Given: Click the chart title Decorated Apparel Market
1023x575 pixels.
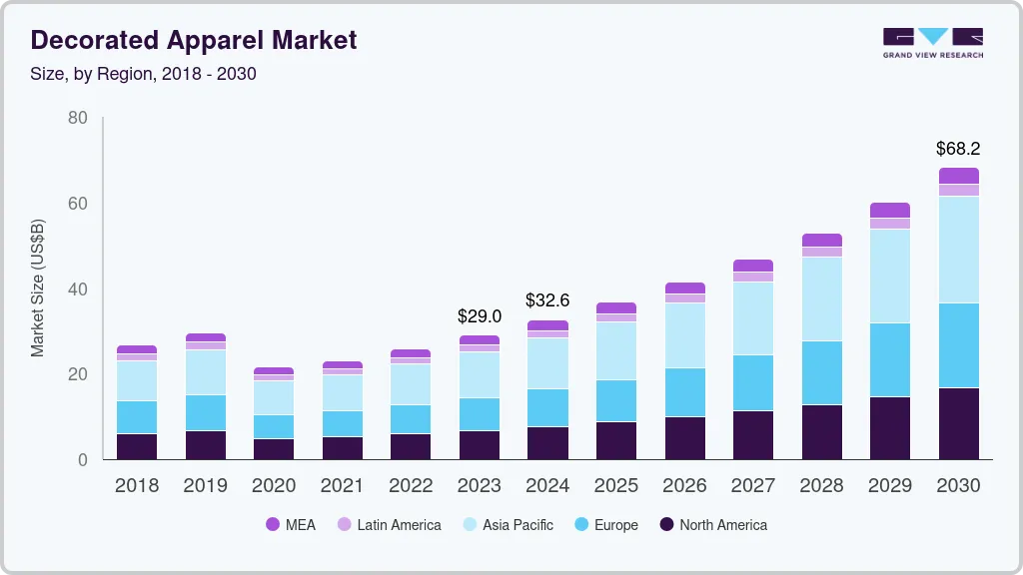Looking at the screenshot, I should pyautogui.click(x=193, y=41).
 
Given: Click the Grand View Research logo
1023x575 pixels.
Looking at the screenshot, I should pyautogui.click(x=932, y=42).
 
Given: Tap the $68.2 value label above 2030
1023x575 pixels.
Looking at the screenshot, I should pyautogui.click(x=958, y=149).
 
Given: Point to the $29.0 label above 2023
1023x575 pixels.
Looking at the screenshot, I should pyautogui.click(x=479, y=316).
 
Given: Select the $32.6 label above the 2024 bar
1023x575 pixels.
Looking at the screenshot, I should pyautogui.click(x=547, y=300).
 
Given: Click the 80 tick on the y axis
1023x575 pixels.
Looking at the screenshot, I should pyautogui.click(x=77, y=119).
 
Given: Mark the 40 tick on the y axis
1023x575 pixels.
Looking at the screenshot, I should pyautogui.click(x=77, y=289).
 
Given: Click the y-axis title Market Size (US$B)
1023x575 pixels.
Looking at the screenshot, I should pyautogui.click(x=38, y=288).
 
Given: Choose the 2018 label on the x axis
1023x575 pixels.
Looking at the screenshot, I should pyautogui.click(x=136, y=486).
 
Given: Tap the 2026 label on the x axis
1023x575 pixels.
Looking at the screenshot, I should pyautogui.click(x=684, y=486).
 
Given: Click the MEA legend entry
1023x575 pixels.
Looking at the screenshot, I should pyautogui.click(x=291, y=525).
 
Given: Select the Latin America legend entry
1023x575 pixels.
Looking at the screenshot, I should pyautogui.click(x=389, y=525).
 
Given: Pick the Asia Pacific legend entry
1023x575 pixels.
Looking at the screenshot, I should pyautogui.click(x=507, y=525).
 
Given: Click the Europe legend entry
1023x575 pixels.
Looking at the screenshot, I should pyautogui.click(x=605, y=525).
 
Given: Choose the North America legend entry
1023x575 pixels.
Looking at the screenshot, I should pyautogui.click(x=712, y=525).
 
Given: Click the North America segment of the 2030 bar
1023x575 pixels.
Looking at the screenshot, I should pyautogui.click(x=959, y=423).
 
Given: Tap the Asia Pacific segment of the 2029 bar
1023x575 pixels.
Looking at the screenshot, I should pyautogui.click(x=890, y=276).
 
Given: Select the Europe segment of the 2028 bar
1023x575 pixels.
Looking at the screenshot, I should pyautogui.click(x=821, y=372).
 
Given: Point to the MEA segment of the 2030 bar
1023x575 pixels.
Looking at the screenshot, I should pyautogui.click(x=959, y=176).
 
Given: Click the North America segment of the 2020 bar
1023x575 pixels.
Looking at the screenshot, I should pyautogui.click(x=274, y=449).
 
